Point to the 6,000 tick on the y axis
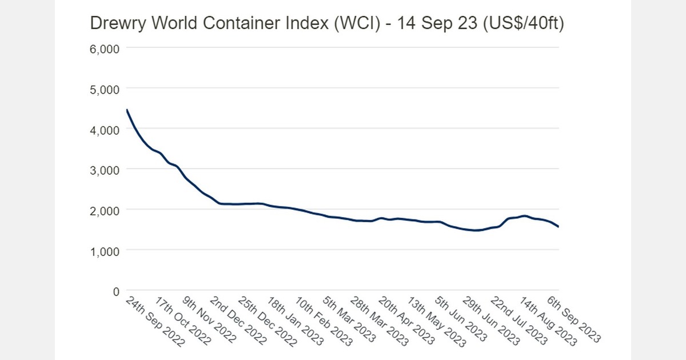point(105,49)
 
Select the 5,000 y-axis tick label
point(105,89)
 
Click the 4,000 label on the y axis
point(105,130)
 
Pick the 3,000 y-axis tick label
point(105,170)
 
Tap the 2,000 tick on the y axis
point(105,210)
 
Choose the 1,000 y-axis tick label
point(105,250)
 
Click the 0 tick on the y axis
point(115,291)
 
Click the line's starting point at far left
point(126,109)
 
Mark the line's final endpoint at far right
point(559,227)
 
